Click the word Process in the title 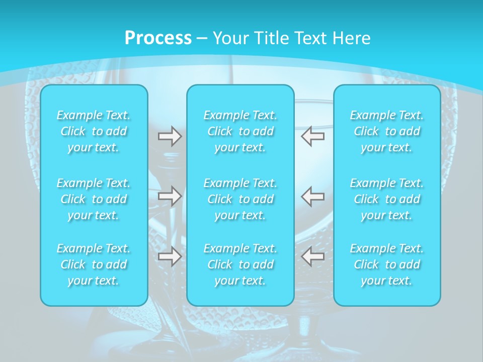point(158,38)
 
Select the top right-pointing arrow point(170,136)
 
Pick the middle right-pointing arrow point(170,196)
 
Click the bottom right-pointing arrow point(170,256)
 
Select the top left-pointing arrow point(313,136)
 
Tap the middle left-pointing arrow point(313,196)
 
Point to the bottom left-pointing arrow point(313,256)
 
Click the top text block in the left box point(94,131)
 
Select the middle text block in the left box point(94,199)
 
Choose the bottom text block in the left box point(94,264)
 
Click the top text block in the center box point(240,131)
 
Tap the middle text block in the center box point(240,199)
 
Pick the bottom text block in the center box point(240,264)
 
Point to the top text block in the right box point(387,131)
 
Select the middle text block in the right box point(387,199)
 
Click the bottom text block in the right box point(387,264)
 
